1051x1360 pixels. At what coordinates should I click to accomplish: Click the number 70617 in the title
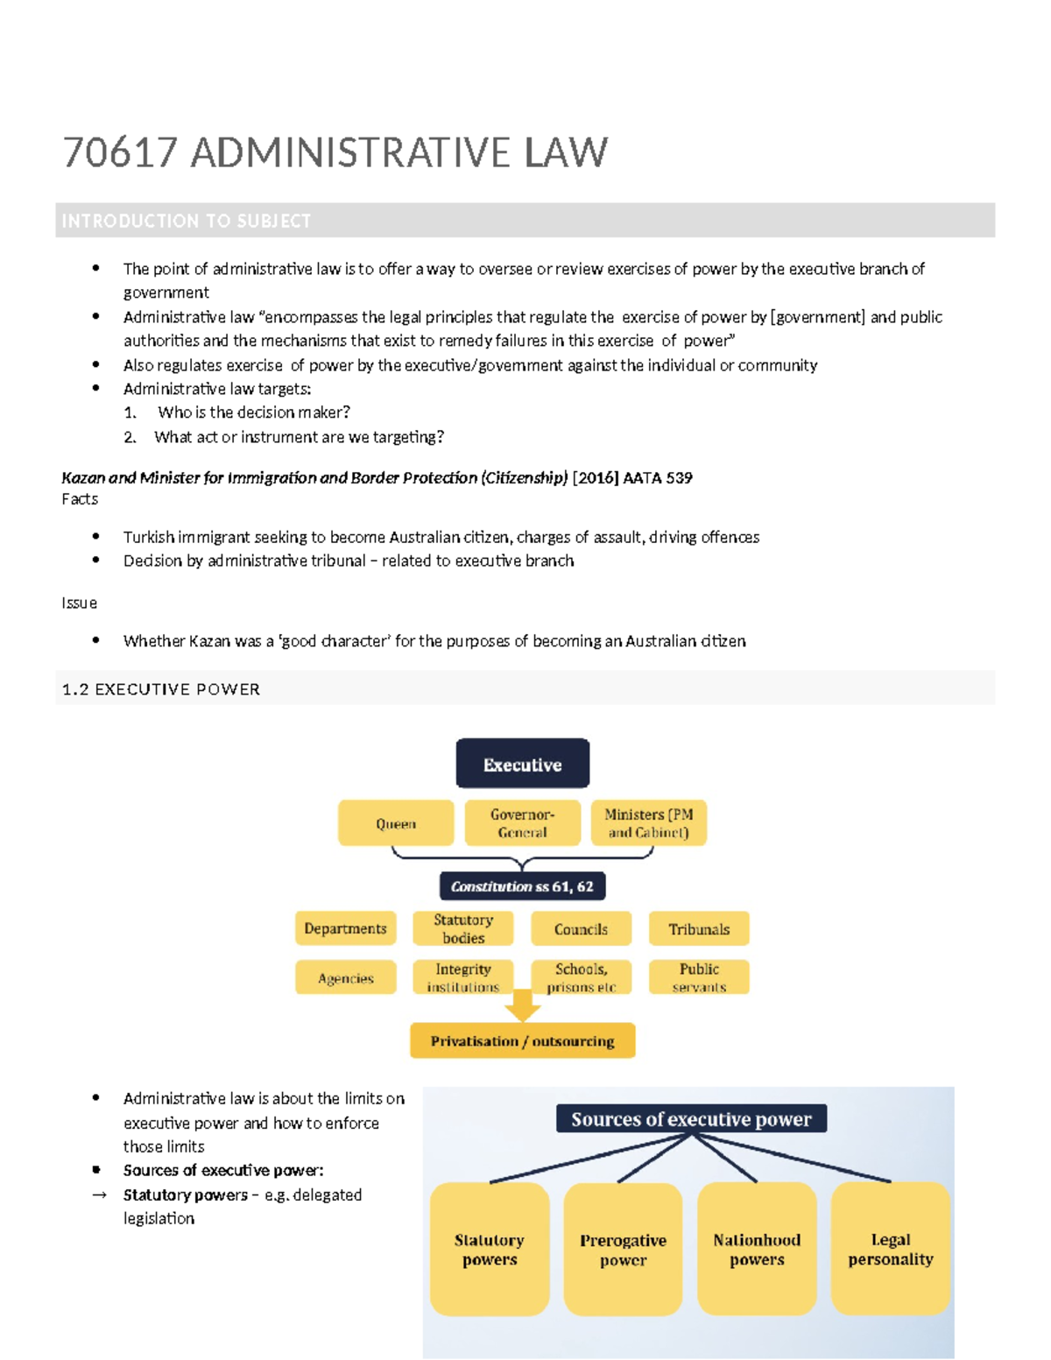click(x=120, y=152)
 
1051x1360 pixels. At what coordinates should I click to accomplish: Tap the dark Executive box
click(x=522, y=764)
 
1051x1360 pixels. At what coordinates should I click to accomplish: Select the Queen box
click(x=396, y=823)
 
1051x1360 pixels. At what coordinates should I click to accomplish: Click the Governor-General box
click(x=522, y=823)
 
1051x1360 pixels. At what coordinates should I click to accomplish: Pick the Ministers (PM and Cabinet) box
click(x=648, y=823)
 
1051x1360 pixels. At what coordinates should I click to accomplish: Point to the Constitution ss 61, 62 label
click(x=522, y=886)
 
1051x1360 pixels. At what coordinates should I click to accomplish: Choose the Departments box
click(x=345, y=928)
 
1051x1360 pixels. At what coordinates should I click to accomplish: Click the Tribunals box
click(x=699, y=928)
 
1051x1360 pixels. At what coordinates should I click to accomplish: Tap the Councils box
click(x=581, y=928)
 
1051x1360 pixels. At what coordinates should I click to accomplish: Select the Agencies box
click(x=345, y=977)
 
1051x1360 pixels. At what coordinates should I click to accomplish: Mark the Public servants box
click(x=699, y=977)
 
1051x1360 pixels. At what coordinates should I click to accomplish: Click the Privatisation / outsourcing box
click(x=522, y=1040)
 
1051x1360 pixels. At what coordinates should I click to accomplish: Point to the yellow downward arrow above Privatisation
click(x=522, y=1005)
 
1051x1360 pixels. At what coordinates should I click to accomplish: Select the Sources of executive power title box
click(x=691, y=1118)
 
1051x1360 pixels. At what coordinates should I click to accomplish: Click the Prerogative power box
click(x=623, y=1250)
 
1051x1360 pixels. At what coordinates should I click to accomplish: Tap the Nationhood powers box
click(x=757, y=1250)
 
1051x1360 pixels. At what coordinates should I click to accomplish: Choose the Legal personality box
click(x=890, y=1249)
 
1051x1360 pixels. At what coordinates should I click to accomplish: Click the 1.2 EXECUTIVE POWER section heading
click(x=161, y=689)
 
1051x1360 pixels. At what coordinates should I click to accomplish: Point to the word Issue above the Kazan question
click(x=79, y=602)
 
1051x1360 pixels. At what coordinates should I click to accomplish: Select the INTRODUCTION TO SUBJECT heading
click(x=187, y=221)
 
